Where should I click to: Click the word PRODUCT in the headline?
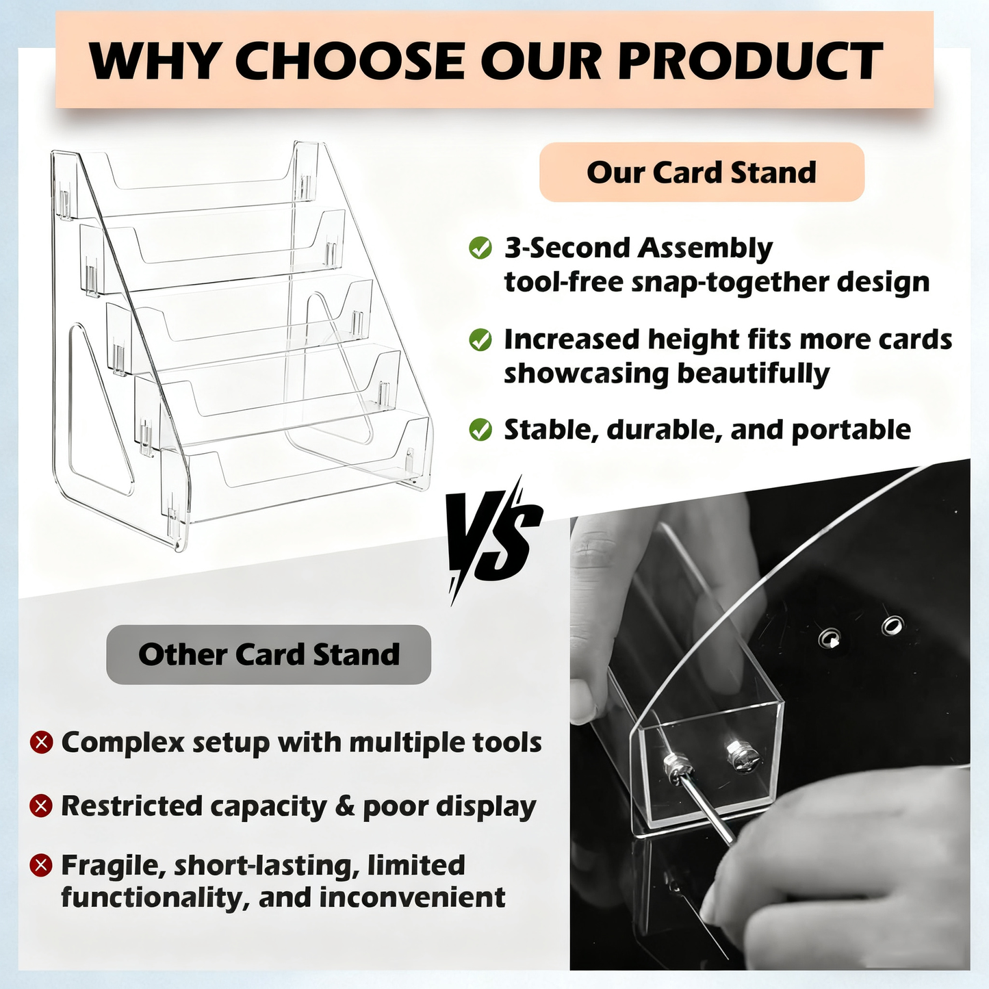pos(750,62)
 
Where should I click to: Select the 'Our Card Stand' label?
pos(702,172)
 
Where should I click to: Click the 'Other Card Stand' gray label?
pos(269,654)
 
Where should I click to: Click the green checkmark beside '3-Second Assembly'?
pos(480,248)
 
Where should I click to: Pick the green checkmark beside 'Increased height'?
pos(480,339)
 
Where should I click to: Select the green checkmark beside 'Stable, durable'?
pos(480,430)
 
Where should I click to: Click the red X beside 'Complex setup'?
pos(42,742)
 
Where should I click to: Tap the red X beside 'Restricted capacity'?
pos(42,806)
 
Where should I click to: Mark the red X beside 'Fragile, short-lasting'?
pos(42,865)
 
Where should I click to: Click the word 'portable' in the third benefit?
pos(851,431)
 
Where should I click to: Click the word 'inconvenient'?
pos(412,897)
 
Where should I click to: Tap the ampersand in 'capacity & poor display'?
pos(345,806)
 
